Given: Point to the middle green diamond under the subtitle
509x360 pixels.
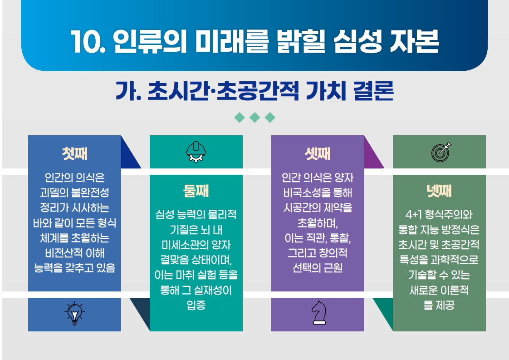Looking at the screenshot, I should pyautogui.click(x=254, y=118).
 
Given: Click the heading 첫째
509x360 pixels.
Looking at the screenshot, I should pyautogui.click(x=74, y=153).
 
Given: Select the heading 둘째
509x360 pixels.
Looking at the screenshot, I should pyautogui.click(x=196, y=191).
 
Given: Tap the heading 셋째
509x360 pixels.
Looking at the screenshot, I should pyautogui.click(x=318, y=153).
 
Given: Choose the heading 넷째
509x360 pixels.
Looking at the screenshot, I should pyautogui.click(x=439, y=191).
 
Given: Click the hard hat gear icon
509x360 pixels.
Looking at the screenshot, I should pyautogui.click(x=196, y=152).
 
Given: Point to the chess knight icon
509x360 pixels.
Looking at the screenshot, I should pyautogui.click(x=318, y=313).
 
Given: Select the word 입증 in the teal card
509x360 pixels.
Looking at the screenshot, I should pyautogui.click(x=196, y=306).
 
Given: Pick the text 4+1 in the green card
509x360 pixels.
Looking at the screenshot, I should pyautogui.click(x=413, y=215).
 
